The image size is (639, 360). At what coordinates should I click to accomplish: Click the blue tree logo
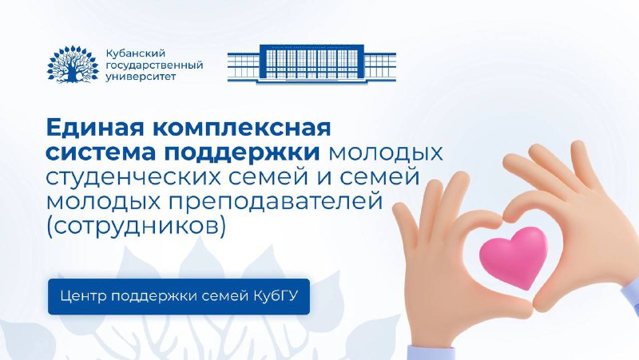73,65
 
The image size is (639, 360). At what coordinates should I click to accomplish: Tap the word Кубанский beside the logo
135,53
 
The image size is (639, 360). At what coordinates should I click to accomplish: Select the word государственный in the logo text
154,65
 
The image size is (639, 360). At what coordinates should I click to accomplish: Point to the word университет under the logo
141,77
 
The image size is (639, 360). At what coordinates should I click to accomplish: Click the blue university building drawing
312,65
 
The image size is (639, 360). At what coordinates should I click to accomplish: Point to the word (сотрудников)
136,227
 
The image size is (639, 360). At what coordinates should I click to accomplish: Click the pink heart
514,257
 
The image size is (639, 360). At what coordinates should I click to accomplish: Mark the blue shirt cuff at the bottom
432,352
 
